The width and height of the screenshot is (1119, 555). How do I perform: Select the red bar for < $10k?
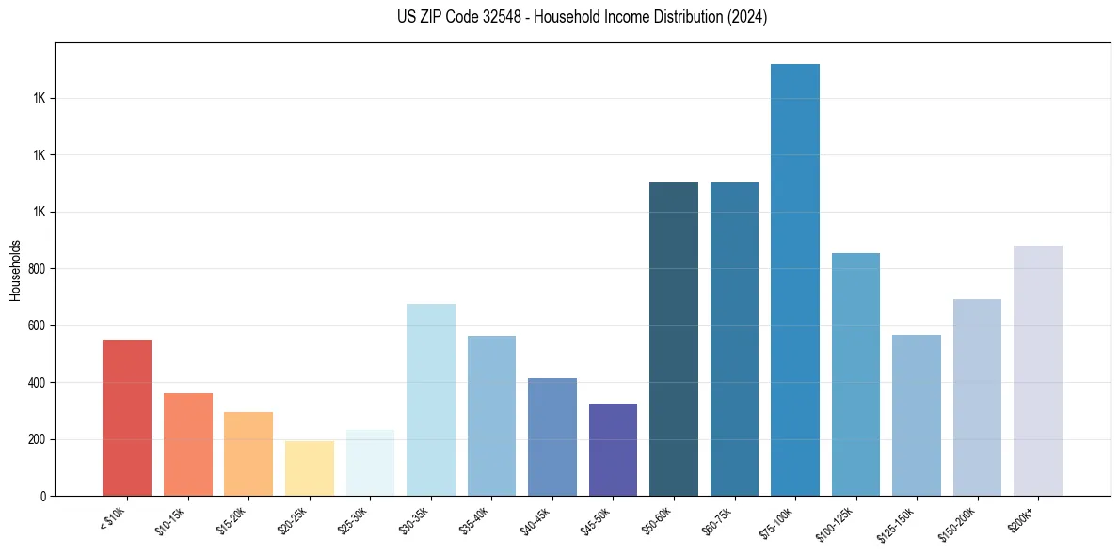[127, 418]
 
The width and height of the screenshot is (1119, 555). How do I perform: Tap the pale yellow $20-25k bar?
[309, 468]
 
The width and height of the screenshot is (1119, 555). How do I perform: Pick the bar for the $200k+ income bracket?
[1037, 371]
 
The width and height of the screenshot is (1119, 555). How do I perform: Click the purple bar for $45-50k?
[613, 450]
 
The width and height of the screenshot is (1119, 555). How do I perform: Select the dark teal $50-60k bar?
[674, 339]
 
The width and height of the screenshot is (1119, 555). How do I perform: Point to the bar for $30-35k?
[430, 400]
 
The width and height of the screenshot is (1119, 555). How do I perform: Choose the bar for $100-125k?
[855, 374]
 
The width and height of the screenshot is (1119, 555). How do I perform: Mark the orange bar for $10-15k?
[187, 444]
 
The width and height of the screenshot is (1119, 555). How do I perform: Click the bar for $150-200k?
[977, 397]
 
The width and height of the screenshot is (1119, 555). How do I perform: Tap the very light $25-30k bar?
[370, 463]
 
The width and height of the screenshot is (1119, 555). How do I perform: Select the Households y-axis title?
[16, 270]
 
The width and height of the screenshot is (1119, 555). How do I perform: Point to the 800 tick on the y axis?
[37, 269]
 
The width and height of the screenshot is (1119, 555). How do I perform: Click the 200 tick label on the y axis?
[37, 439]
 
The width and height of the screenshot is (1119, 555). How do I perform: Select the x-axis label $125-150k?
[898, 520]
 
